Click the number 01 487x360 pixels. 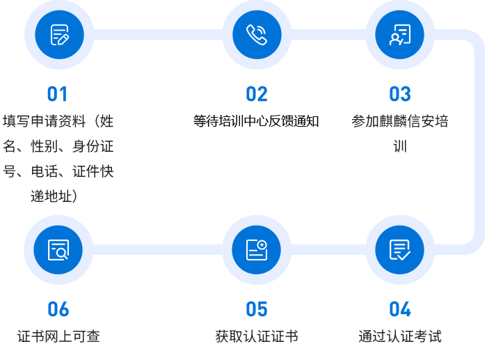click(x=57, y=95)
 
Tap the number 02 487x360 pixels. click(x=256, y=95)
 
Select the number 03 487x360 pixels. click(x=399, y=95)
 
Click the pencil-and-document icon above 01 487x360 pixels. click(x=59, y=35)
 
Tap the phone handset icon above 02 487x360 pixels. click(x=257, y=35)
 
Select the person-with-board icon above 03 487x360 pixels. click(x=399, y=35)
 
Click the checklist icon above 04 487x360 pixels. click(x=399, y=250)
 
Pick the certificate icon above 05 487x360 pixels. click(x=257, y=250)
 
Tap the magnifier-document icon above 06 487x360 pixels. click(x=58, y=250)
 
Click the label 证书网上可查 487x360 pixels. click(x=58, y=336)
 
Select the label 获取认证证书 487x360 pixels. click(x=256, y=336)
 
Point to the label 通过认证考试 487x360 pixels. click(x=399, y=336)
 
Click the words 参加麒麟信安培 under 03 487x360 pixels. click(x=399, y=121)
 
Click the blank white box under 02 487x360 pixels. click(x=260, y=153)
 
